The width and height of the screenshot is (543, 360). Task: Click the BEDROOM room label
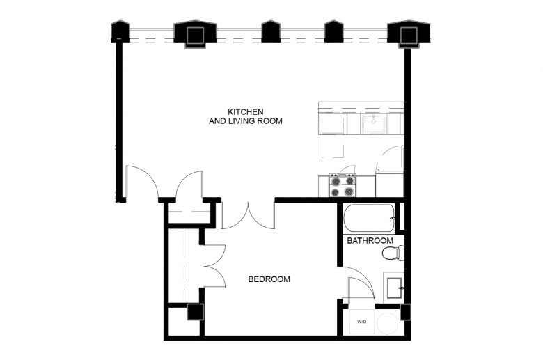[269, 279]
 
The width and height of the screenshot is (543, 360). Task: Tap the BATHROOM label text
[370, 240]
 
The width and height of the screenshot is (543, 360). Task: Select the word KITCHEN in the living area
[245, 111]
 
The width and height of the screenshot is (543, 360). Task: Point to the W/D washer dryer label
[361, 322]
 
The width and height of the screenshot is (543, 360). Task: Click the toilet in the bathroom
[393, 253]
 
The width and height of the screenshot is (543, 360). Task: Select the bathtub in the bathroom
[369, 218]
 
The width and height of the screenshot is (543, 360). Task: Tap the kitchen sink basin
[374, 124]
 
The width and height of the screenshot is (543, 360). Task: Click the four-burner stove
[342, 185]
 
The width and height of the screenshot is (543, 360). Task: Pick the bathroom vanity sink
[394, 288]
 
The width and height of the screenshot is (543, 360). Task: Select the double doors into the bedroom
[249, 215]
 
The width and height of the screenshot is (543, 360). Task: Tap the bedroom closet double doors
[214, 267]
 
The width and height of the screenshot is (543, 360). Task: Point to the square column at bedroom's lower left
[195, 312]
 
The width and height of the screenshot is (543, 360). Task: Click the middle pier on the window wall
[271, 32]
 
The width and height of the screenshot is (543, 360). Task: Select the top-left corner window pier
[120, 32]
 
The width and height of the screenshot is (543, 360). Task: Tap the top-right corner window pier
[409, 33]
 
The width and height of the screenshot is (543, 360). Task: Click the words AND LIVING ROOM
[245, 121]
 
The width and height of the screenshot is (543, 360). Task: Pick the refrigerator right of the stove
[390, 184]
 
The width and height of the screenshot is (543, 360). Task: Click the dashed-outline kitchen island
[333, 146]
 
